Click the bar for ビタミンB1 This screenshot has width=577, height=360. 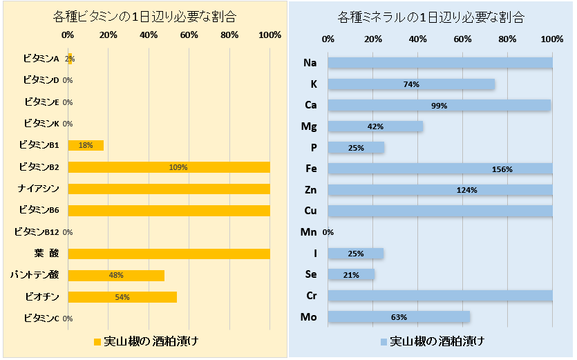[86, 145]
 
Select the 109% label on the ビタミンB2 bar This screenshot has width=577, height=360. [178, 167]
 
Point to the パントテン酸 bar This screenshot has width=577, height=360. [116, 275]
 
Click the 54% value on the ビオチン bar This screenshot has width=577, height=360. [122, 297]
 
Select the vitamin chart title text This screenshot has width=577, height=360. [144, 17]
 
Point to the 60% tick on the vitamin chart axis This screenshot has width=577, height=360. [189, 35]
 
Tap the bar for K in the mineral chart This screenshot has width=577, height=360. [411, 84]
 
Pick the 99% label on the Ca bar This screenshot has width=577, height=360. [439, 106]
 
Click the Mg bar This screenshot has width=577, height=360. [375, 127]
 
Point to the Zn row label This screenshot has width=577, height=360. [310, 189]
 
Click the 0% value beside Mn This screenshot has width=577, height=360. [328, 232]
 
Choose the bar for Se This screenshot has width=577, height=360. [351, 274]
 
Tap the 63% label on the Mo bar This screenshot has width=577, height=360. [399, 317]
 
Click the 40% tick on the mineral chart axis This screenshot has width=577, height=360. [417, 39]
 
